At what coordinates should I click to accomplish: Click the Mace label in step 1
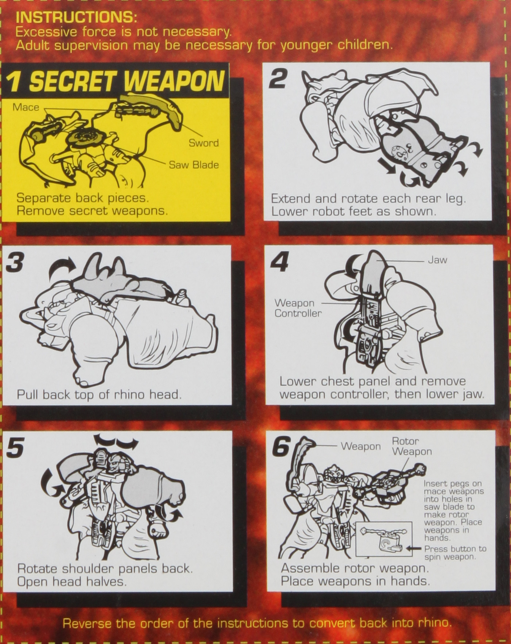click(26, 107)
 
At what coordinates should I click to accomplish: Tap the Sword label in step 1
click(204, 143)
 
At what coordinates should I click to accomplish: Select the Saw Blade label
click(194, 165)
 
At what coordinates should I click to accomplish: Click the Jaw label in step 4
click(438, 260)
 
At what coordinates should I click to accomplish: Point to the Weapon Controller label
click(298, 308)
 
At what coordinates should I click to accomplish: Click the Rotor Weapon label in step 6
click(412, 446)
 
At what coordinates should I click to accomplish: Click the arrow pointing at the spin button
click(414, 548)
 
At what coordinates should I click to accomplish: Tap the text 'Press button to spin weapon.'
click(455, 553)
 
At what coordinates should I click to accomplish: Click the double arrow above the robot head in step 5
click(116, 442)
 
